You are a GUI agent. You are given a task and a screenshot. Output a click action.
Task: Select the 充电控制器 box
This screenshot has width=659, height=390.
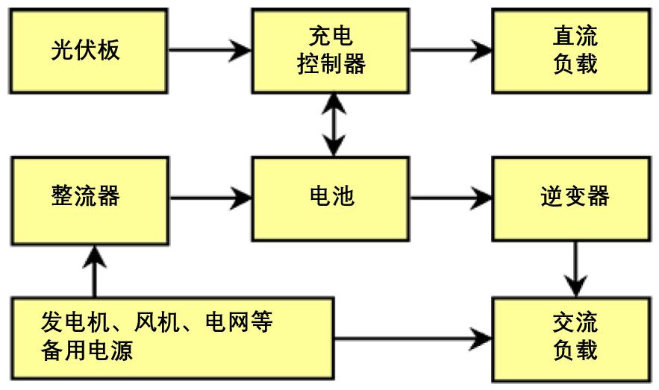point(331,50)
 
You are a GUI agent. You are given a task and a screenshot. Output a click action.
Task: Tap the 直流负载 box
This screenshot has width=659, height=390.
point(575,50)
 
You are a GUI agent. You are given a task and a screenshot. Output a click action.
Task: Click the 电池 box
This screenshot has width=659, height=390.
point(331,197)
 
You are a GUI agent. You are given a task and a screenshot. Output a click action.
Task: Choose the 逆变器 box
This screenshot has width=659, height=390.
point(575,197)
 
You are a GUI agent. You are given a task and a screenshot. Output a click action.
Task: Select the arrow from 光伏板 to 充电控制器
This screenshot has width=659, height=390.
point(210,50)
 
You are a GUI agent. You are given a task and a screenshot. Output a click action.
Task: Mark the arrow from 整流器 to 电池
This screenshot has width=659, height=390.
point(210,198)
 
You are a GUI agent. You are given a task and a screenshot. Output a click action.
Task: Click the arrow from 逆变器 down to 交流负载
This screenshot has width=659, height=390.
point(575,267)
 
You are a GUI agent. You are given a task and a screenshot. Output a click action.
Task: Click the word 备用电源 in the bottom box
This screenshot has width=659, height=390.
point(87,350)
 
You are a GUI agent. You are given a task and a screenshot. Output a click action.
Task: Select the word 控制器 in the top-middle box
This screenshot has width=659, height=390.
point(331,64)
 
